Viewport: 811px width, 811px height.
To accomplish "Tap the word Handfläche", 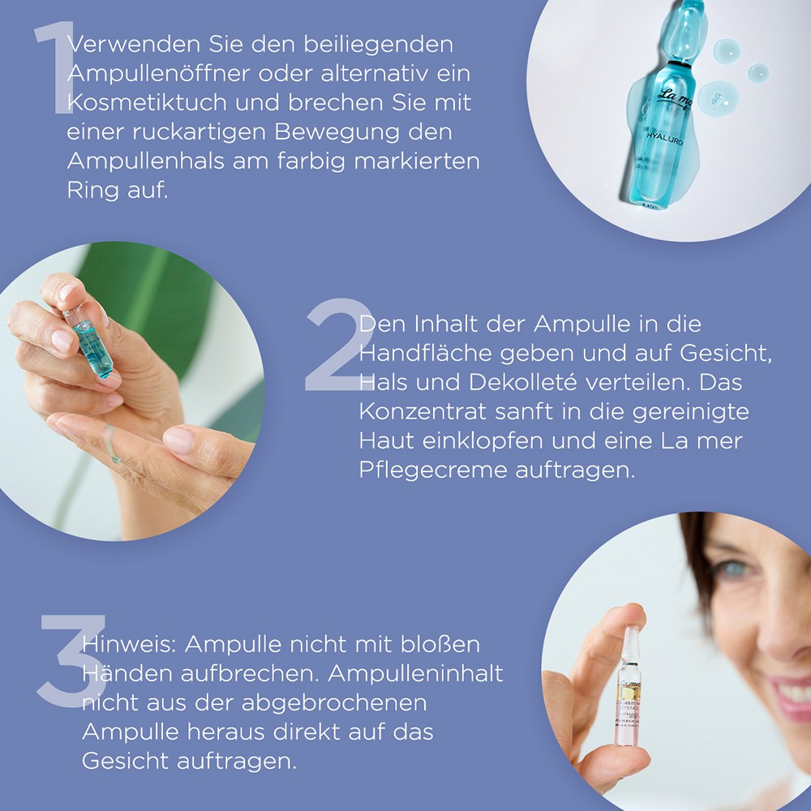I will point(429,352).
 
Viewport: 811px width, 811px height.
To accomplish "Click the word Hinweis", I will point(128,644).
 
